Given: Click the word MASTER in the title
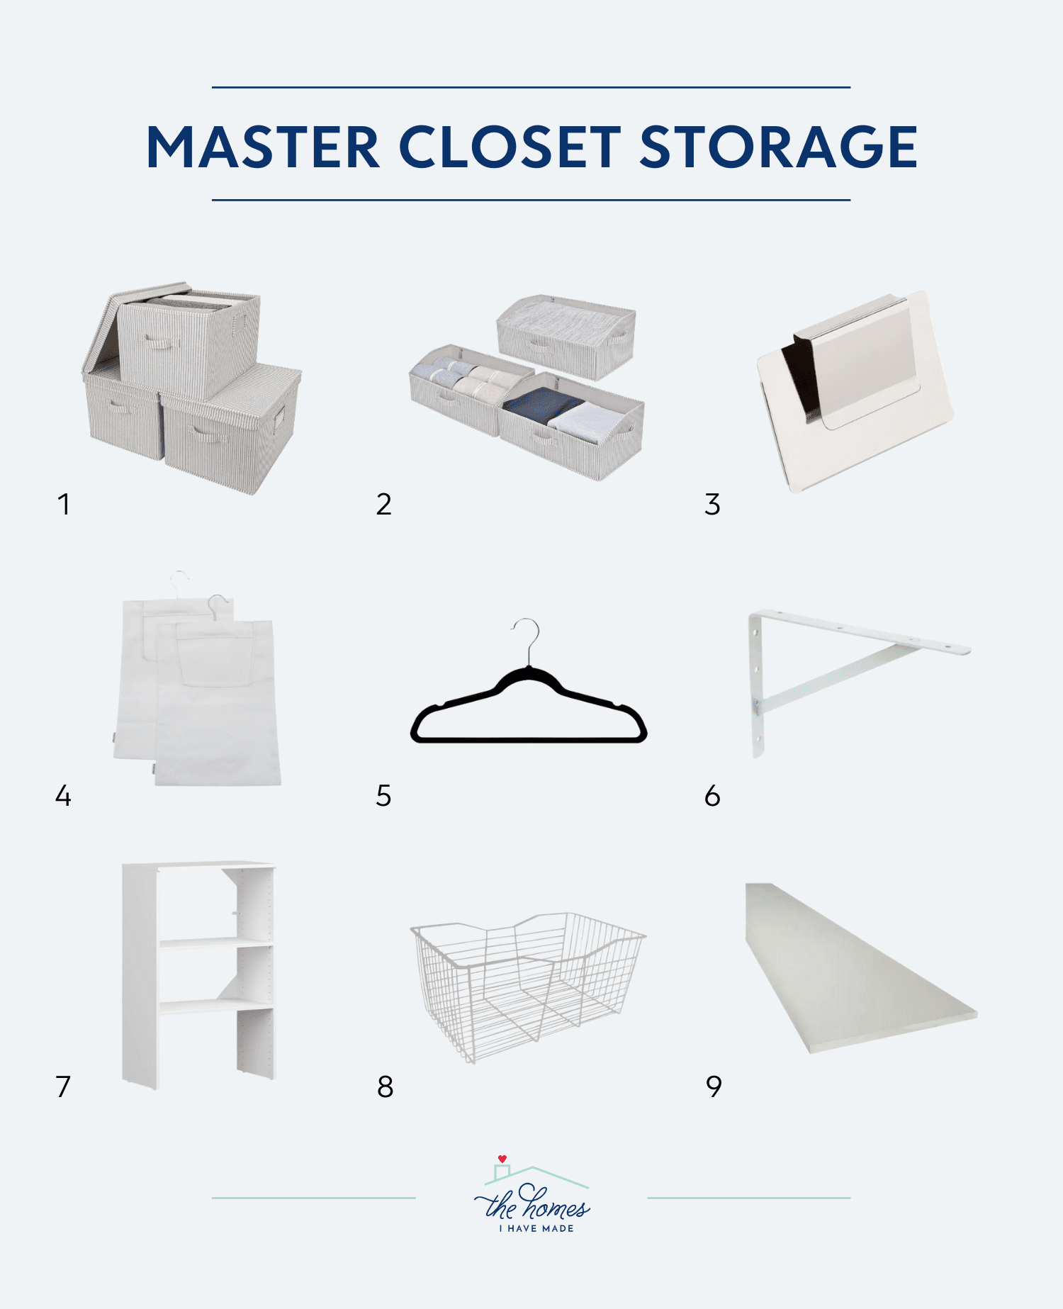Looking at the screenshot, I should click(x=263, y=147).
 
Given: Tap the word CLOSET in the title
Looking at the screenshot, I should click(x=510, y=147).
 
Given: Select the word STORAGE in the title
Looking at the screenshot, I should click(x=778, y=147).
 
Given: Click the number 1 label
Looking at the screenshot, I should click(x=64, y=505).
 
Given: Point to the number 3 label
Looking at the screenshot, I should click(x=712, y=505).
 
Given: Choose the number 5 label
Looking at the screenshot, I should click(x=383, y=796).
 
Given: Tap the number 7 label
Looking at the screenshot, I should click(x=63, y=1086).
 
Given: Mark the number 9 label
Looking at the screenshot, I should click(x=714, y=1086).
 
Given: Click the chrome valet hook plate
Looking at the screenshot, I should click(x=854, y=390).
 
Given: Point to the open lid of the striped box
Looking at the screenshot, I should click(x=106, y=326).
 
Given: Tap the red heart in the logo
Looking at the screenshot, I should click(x=502, y=1159).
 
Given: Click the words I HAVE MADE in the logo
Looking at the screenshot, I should click(x=536, y=1228).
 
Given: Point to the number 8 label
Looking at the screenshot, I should click(x=385, y=1086).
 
